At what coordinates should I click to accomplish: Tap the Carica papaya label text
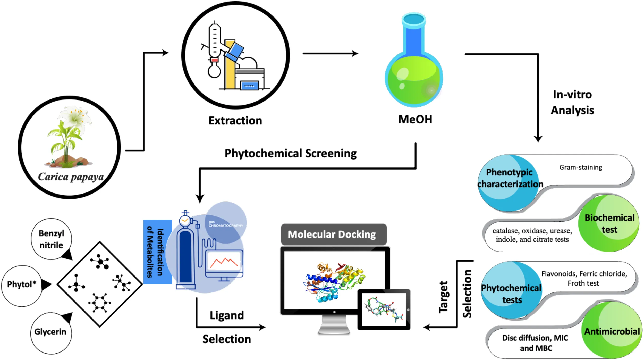click(71, 177)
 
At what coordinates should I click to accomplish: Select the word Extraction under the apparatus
click(235, 121)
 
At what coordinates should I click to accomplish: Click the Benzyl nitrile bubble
click(51, 239)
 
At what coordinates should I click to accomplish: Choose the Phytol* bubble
click(22, 284)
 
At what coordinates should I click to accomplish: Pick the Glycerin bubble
click(50, 332)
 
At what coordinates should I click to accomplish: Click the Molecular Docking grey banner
click(334, 234)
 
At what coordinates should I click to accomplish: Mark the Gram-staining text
click(581, 168)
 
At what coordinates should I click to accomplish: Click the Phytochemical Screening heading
click(291, 153)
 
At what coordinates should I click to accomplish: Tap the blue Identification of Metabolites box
click(157, 252)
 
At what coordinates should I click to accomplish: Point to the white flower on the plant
click(75, 117)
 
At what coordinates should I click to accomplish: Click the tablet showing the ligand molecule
click(384, 309)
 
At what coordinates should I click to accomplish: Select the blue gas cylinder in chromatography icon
click(185, 256)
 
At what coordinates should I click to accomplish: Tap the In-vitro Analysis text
click(572, 103)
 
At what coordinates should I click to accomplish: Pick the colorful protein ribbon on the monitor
click(335, 281)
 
